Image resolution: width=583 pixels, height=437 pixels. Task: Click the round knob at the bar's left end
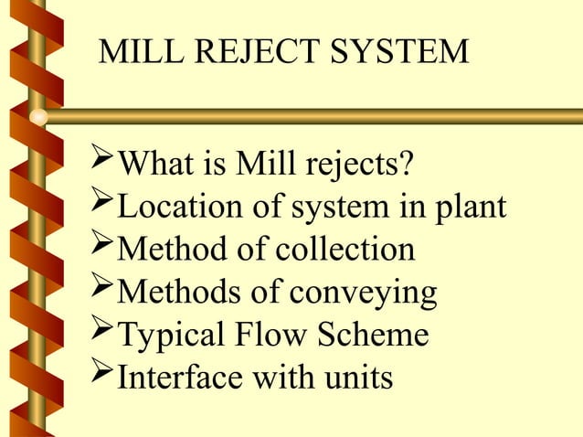click(x=38, y=117)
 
